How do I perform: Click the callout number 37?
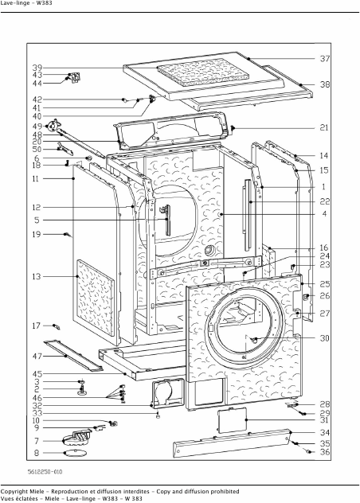pyautogui.click(x=325, y=59)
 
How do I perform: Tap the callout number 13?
pyautogui.click(x=37, y=276)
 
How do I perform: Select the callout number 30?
pyautogui.click(x=325, y=338)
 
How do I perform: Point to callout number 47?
pyautogui.click(x=37, y=356)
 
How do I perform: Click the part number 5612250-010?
pyautogui.click(x=45, y=471)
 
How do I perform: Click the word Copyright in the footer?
pyautogui.click(x=14, y=491)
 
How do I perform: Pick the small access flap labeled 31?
pyautogui.click(x=233, y=420)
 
